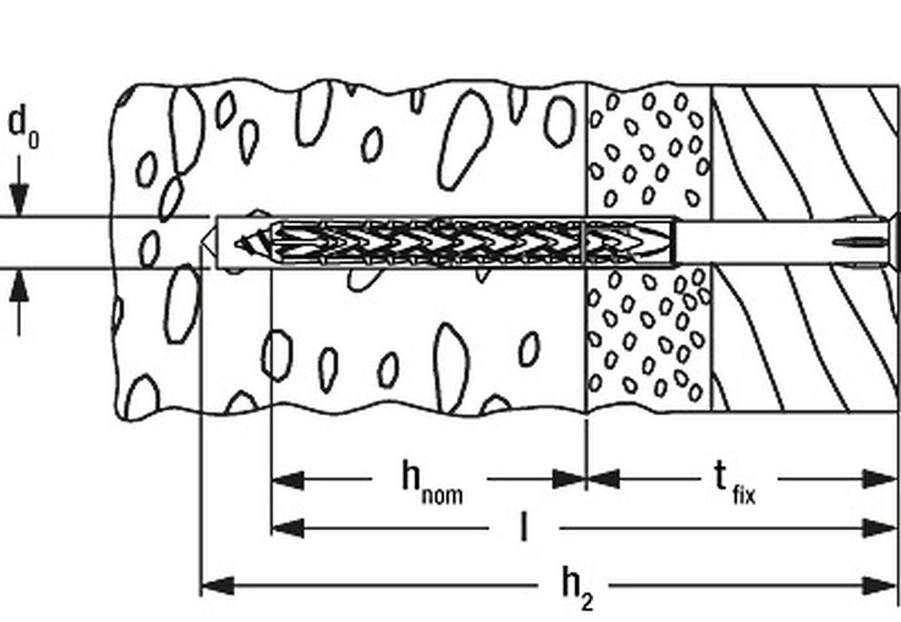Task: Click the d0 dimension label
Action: tap(23, 126)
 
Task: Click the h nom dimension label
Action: tap(432, 482)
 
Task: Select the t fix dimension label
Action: tap(735, 483)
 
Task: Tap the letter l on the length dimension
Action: tap(523, 526)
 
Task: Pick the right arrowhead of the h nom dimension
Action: tap(569, 479)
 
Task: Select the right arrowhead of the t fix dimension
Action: tap(879, 479)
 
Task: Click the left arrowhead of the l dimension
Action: tap(288, 528)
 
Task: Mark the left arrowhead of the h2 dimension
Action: tap(217, 586)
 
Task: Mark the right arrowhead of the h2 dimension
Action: tap(879, 586)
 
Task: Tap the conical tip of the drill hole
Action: tap(208, 242)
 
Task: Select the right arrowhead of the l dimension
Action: tap(879, 528)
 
